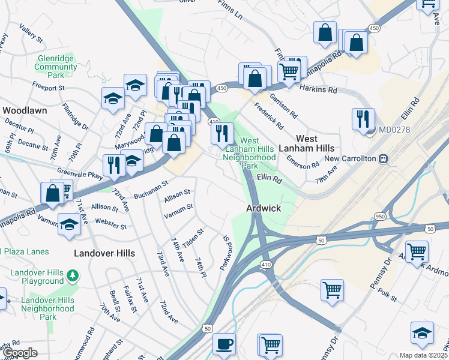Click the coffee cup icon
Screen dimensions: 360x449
[224, 344]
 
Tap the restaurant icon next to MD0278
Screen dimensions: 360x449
[363, 119]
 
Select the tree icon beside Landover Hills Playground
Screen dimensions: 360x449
[73, 275]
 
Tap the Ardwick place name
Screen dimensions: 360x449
[264, 208]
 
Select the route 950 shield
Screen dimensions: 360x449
[379, 215]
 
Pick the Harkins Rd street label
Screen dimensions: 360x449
[320, 89]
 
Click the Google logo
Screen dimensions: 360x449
[19, 353]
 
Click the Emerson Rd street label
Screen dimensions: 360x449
[303, 164]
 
